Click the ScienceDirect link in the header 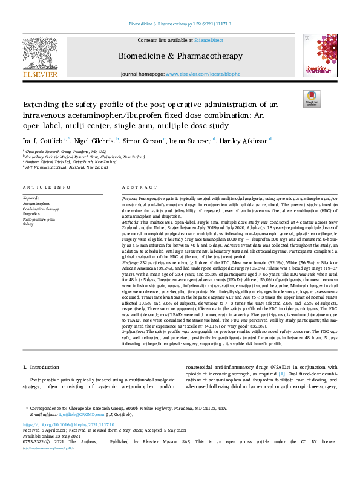[207, 39]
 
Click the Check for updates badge [312, 99]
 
